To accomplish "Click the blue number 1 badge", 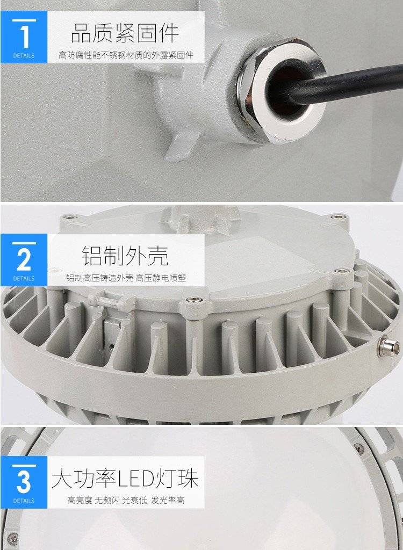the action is [x=24, y=37].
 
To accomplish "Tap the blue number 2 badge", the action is [x=24, y=260].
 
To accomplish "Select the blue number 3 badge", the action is [x=24, y=482].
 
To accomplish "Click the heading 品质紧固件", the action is [x=125, y=33].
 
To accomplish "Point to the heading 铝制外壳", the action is [x=125, y=255].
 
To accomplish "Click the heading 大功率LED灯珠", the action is [x=125, y=477].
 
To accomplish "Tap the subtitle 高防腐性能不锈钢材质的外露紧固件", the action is [x=126, y=55].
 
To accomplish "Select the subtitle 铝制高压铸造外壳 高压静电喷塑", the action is [x=126, y=278].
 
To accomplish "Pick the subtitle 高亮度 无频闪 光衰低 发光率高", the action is [x=126, y=500].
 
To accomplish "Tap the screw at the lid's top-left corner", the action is [x=69, y=217].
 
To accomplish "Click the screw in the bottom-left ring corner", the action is [x=13, y=537].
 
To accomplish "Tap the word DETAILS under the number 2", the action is [x=24, y=279].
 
